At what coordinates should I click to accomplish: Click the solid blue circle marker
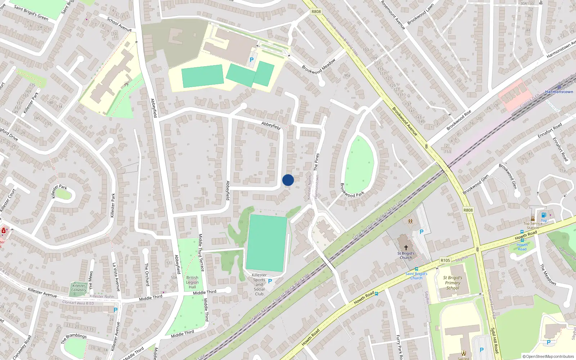coord(288,180)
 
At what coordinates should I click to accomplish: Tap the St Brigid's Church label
coord(406,255)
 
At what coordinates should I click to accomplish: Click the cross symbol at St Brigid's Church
coord(406,248)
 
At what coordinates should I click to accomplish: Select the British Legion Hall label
coord(192,282)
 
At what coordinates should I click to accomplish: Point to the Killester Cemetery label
coord(78,288)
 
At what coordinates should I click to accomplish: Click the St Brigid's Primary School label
coord(453,283)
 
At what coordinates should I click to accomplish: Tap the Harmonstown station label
coord(559,92)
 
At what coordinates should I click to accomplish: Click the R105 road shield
coord(445,260)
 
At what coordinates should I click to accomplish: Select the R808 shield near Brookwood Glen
coord(468,210)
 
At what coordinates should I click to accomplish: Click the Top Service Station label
coord(533,225)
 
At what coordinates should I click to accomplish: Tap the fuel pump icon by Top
coord(544,215)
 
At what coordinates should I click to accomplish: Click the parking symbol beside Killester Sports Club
coord(270,281)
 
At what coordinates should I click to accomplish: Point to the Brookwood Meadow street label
coord(319,66)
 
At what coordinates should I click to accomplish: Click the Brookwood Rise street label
coord(459,120)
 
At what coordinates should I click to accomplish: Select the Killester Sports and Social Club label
coord(259,284)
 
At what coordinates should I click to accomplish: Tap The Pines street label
coord(316,162)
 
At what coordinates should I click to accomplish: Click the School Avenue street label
coord(119,24)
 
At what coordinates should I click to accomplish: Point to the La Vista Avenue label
coord(116,276)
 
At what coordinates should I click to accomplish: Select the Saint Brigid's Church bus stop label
coord(416,276)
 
